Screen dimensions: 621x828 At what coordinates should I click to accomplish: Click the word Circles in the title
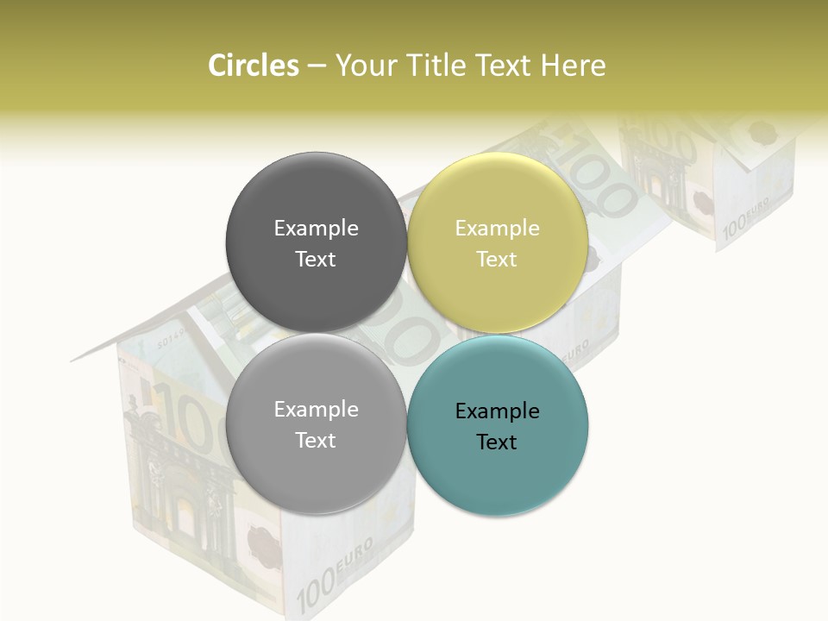point(253,66)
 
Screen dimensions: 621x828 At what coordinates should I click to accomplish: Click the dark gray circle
point(316,242)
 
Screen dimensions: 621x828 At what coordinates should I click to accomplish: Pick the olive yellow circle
point(498,242)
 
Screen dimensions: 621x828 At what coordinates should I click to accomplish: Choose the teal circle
point(498,425)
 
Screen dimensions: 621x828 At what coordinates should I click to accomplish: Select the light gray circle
point(316,424)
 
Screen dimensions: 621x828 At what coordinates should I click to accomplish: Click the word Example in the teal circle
point(497,411)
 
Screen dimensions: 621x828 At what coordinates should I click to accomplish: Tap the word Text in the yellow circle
point(497,259)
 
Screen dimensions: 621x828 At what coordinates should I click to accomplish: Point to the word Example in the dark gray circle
point(316,228)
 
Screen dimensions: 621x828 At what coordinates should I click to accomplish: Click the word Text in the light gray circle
point(316,440)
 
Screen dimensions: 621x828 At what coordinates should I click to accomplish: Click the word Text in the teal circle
point(497,442)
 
